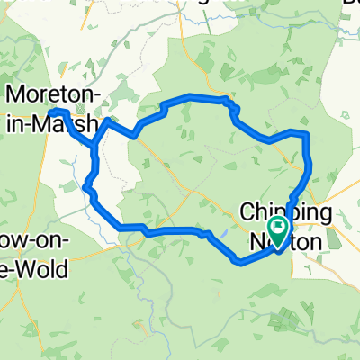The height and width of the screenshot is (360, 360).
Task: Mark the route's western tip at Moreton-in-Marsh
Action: tap(50, 110)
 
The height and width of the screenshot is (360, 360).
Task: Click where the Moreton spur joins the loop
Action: tap(94, 144)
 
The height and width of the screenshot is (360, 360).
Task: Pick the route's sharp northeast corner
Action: tap(308, 134)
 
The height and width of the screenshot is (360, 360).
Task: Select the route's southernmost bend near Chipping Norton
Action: tap(239, 263)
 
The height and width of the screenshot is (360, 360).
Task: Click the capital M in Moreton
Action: tap(17, 94)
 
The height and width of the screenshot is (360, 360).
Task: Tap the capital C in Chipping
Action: tap(247, 213)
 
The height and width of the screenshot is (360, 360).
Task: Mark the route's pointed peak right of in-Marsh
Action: tap(108, 120)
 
